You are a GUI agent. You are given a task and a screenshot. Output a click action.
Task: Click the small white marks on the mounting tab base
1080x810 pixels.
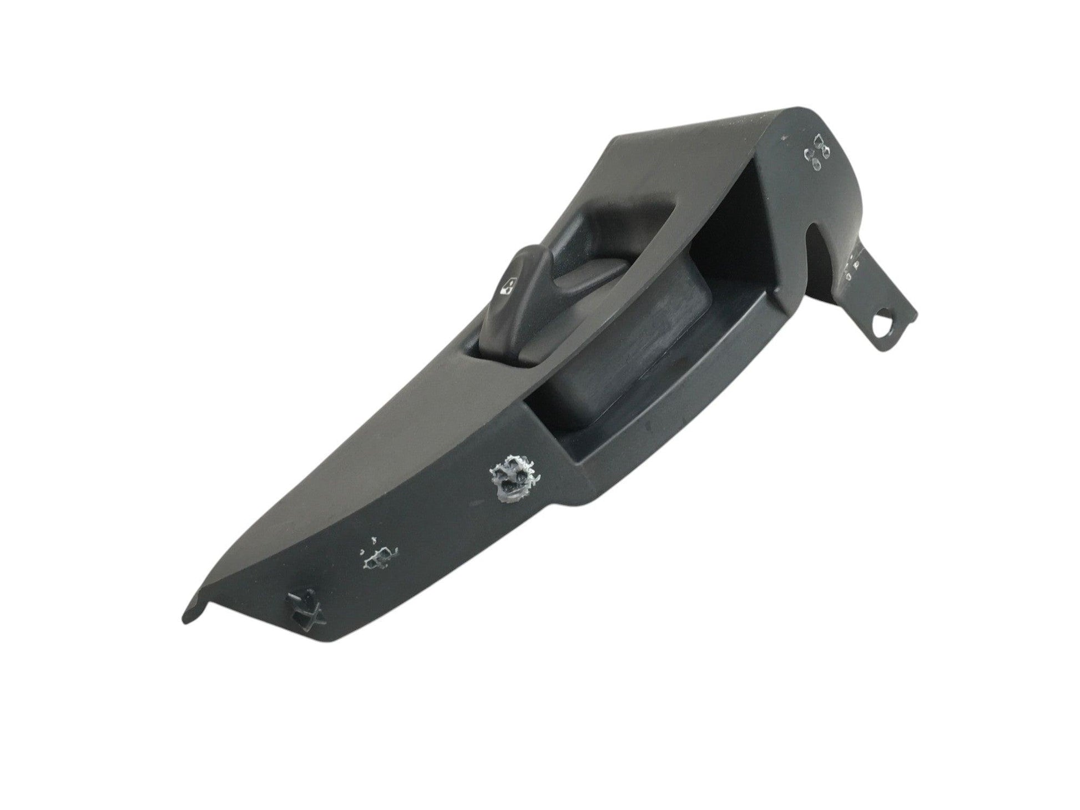coord(850,266)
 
